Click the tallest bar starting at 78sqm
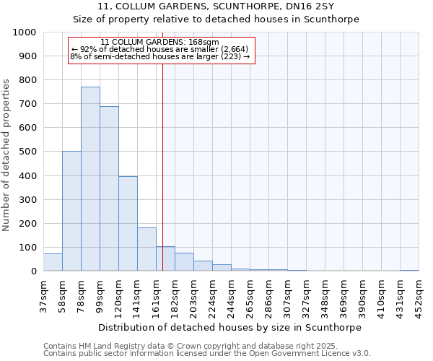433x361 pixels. tap(90, 179)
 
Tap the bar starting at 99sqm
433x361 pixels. tap(109, 188)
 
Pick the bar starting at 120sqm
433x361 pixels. tap(128, 224)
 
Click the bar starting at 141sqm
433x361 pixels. tap(146, 249)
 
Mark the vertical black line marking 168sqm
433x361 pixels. tap(163, 166)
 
